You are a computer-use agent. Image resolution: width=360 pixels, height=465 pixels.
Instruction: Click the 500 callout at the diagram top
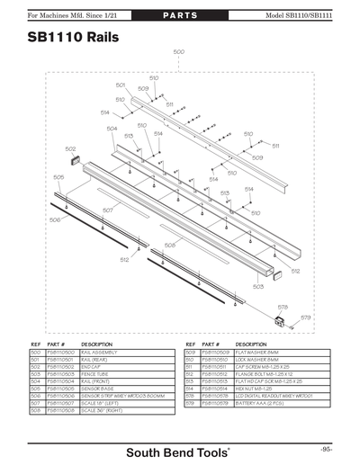pos(178,52)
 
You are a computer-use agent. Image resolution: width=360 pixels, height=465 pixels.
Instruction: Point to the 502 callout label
pos(70,148)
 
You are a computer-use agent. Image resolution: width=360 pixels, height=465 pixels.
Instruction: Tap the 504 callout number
pos(112,129)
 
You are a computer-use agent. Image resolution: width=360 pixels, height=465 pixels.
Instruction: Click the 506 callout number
pos(55,219)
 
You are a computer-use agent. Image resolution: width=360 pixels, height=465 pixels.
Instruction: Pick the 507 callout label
pos(108,210)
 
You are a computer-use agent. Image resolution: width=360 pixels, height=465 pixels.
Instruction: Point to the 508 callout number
pos(169,245)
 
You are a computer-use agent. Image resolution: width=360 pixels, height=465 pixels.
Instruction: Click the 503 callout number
pos(258,286)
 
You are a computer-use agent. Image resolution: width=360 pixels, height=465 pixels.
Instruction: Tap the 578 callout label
pos(282,306)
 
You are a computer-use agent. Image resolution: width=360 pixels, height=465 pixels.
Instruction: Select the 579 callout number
pos(305,317)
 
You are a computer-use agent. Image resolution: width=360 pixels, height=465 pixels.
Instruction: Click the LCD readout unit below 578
pos(281,321)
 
